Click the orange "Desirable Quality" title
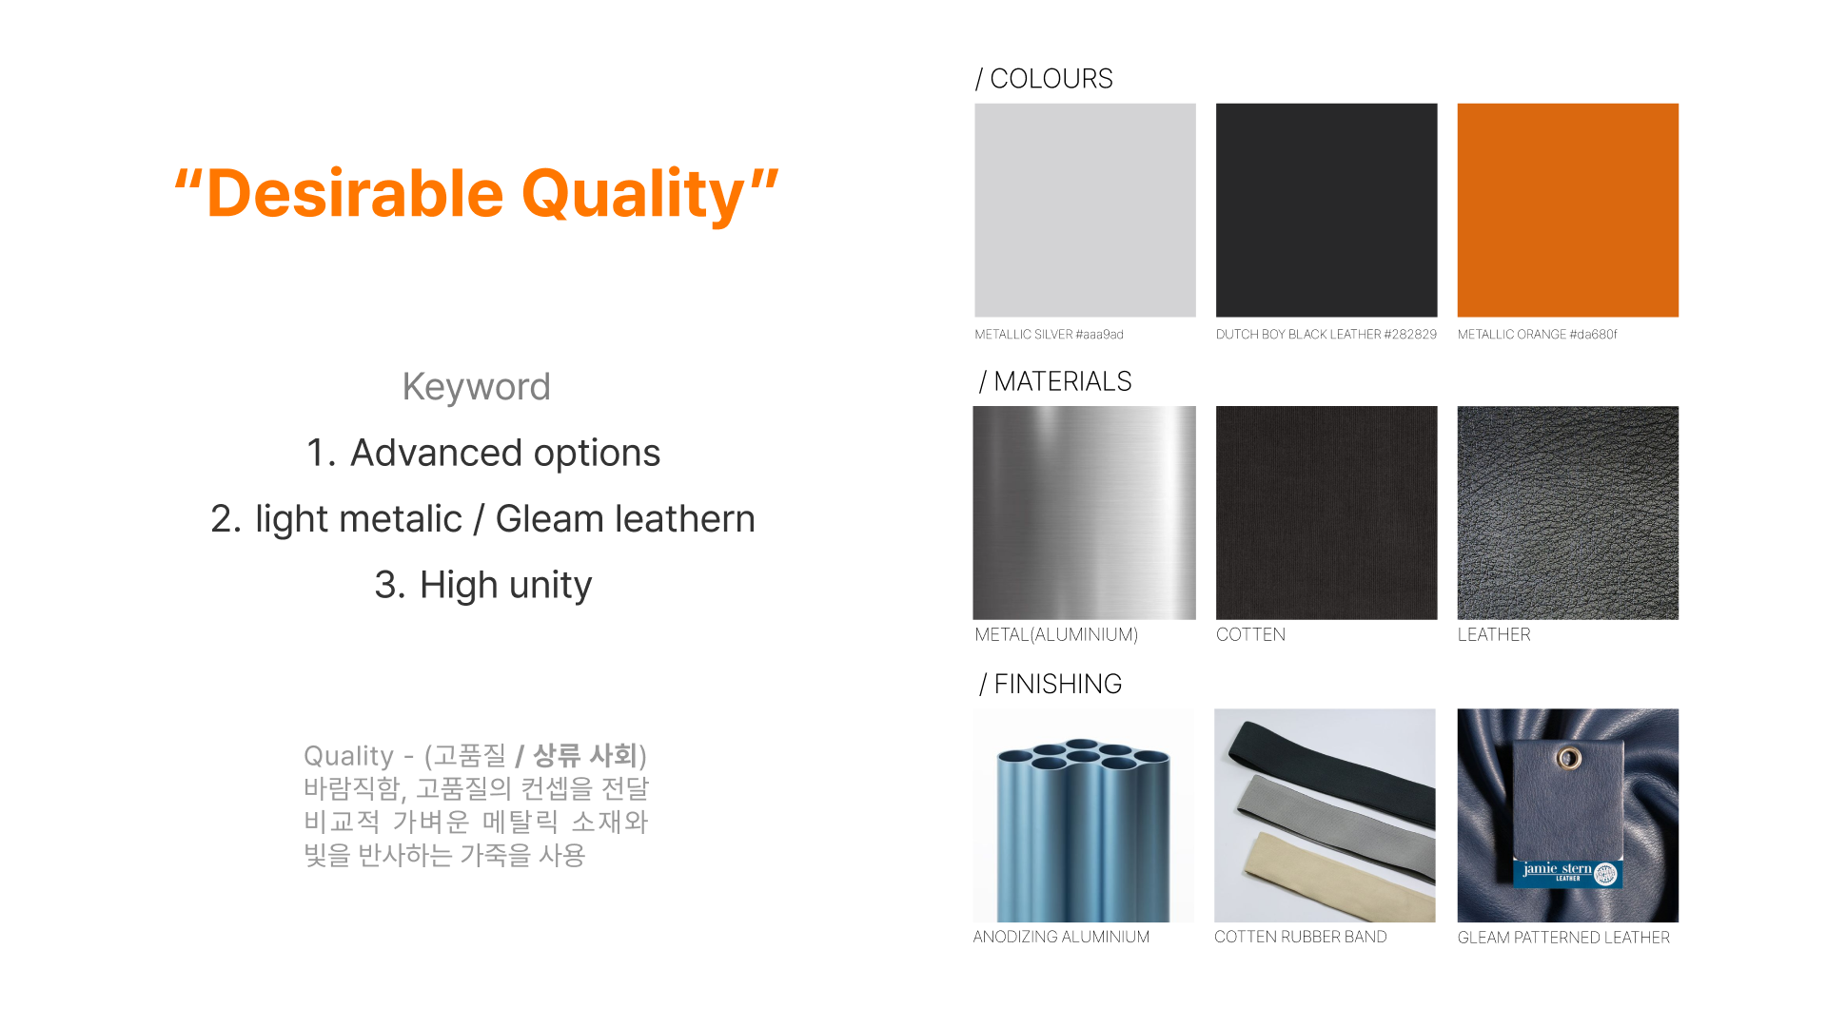pos(476,194)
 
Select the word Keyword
pos(476,387)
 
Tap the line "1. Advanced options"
pos(483,453)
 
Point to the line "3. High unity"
pos(483,585)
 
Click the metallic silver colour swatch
pos(1085,210)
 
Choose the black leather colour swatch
pos(1326,210)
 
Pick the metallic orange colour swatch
pos(1568,210)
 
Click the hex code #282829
pos(1410,335)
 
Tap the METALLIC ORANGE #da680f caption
pos(1537,335)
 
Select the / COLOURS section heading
pos(1044,79)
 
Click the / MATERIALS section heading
pos(1055,381)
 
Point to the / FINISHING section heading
pos(1051,684)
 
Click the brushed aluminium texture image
pos(1084,513)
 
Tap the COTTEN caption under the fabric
pos(1250,634)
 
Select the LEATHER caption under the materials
pos(1494,634)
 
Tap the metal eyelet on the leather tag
pos(1569,758)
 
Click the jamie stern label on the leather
pos(1568,873)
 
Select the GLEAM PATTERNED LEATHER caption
pos(1563,938)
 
